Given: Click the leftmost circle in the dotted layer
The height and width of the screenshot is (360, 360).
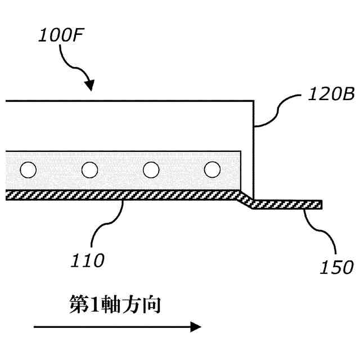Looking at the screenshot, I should pyautogui.click(x=28, y=169).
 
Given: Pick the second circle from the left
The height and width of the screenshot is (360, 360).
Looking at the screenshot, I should pyautogui.click(x=89, y=169).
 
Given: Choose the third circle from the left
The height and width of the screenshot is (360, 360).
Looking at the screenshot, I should pyautogui.click(x=151, y=169).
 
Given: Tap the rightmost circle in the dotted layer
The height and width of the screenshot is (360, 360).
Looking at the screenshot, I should pyautogui.click(x=211, y=169).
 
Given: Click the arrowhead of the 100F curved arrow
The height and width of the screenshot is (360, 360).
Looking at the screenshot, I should pyautogui.click(x=89, y=86).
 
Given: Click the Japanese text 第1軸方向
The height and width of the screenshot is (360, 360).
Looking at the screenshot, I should pyautogui.click(x=115, y=304).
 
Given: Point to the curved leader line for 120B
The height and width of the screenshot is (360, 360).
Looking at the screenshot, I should pyautogui.click(x=276, y=110).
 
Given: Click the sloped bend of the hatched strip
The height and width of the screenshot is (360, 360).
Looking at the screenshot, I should pyautogui.click(x=246, y=199).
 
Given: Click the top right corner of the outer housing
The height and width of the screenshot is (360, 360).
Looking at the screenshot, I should pyautogui.click(x=253, y=101).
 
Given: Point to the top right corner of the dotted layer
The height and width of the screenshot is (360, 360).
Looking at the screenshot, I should pyautogui.click(x=241, y=151).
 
